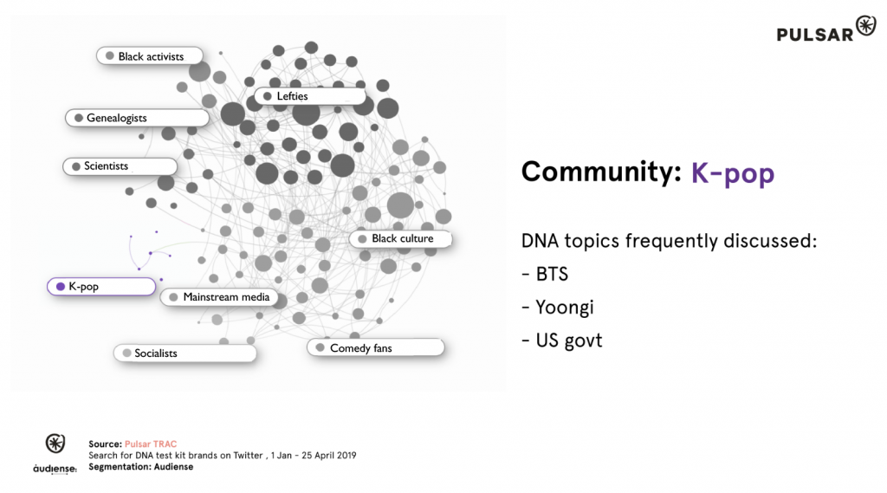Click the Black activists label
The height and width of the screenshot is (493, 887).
coord(149,56)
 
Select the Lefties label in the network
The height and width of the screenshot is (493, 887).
coord(310,96)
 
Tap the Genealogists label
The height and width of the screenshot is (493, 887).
coord(137,118)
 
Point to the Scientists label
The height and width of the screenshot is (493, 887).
coord(120,166)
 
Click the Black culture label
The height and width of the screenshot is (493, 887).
coord(400,239)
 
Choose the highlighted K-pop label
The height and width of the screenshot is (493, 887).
coord(101,287)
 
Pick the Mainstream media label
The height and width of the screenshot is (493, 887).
coord(219,297)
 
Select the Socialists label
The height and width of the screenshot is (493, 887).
coord(185,354)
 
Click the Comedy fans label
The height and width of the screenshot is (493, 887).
coord(376,347)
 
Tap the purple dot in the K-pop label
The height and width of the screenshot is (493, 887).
coord(61,287)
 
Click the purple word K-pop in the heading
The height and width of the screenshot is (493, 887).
coord(733,172)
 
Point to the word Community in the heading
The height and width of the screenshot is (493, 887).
coord(602,172)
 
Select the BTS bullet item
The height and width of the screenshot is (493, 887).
coord(545,275)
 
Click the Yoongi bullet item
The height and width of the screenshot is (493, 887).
coord(558,308)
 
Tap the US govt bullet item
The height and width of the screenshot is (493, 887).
coord(561,341)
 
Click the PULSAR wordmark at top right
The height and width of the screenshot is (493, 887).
coord(814,35)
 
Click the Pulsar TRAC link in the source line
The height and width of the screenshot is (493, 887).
coord(151,444)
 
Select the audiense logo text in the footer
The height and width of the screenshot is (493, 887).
coord(55,469)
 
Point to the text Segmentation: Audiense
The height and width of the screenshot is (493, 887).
coord(141,467)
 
